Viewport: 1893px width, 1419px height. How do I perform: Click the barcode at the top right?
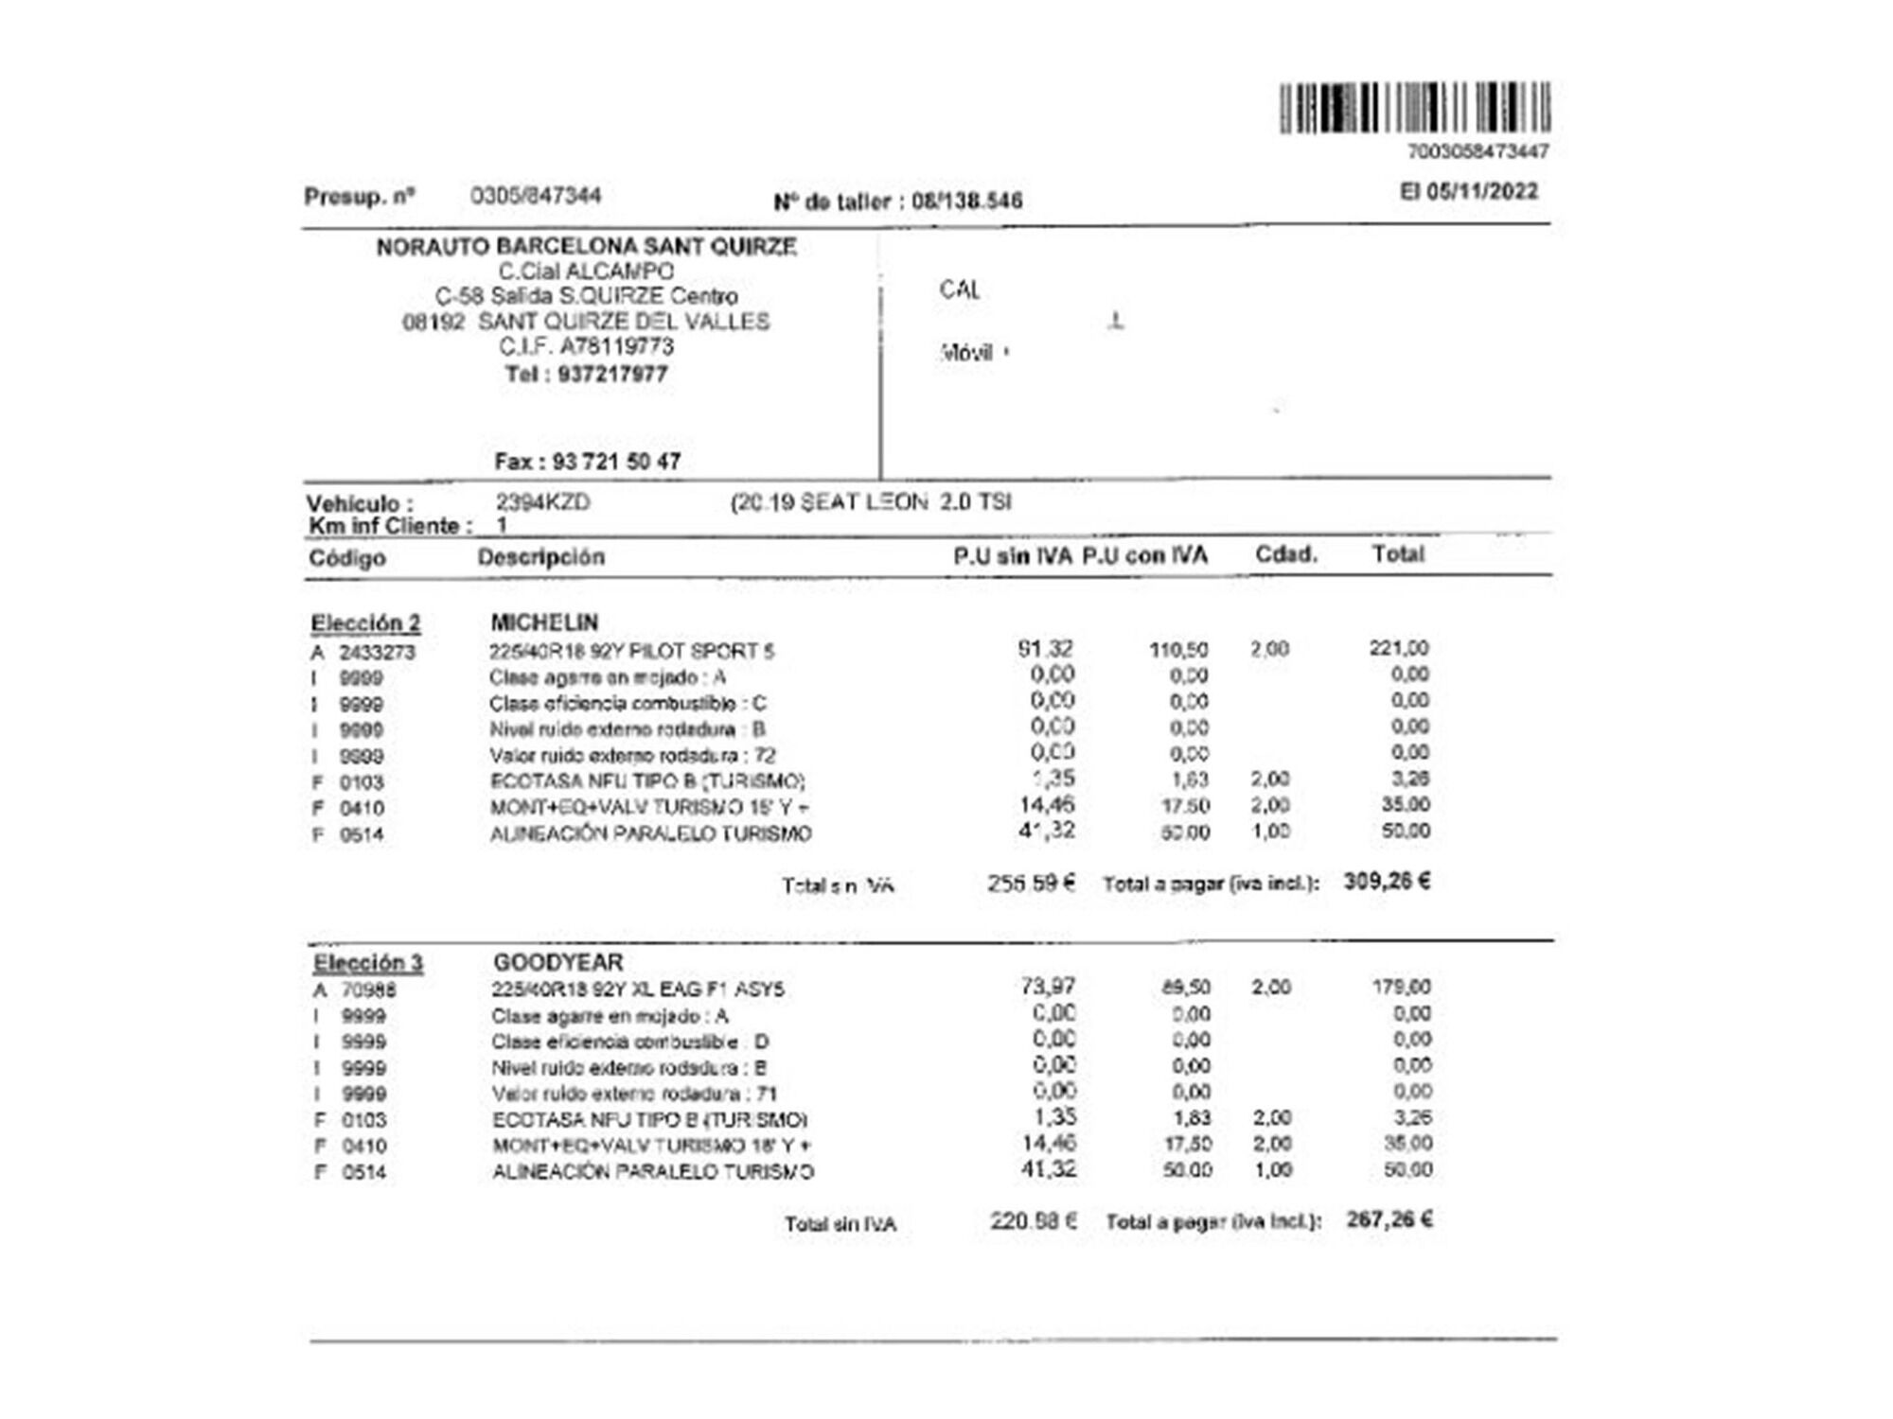[x=1414, y=108]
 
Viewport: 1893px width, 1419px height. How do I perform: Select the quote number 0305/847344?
[x=536, y=196]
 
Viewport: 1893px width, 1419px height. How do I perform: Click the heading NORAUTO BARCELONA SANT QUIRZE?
[x=586, y=247]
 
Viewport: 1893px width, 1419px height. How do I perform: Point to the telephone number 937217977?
[x=612, y=374]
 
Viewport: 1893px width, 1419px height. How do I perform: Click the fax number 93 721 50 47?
[x=616, y=462]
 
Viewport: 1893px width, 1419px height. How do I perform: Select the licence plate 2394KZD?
[x=542, y=502]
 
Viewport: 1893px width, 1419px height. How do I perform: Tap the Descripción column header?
[x=540, y=557]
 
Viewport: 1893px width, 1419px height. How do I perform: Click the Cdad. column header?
[x=1285, y=554]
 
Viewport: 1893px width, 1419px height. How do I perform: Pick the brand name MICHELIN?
[x=544, y=622]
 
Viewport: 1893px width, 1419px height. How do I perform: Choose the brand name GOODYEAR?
[x=557, y=962]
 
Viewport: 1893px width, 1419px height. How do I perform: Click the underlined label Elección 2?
[x=365, y=623]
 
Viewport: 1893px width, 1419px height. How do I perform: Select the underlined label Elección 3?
[x=368, y=963]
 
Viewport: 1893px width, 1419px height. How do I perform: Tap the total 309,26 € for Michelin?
[x=1387, y=882]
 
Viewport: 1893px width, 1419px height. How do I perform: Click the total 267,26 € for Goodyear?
[x=1389, y=1219]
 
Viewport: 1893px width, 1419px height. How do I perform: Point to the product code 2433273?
[x=377, y=653]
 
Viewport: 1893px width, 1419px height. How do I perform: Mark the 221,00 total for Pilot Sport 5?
[x=1398, y=648]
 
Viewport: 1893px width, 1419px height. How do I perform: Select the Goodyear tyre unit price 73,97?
[x=1048, y=987]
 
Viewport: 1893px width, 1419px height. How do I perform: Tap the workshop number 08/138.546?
[x=966, y=201]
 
